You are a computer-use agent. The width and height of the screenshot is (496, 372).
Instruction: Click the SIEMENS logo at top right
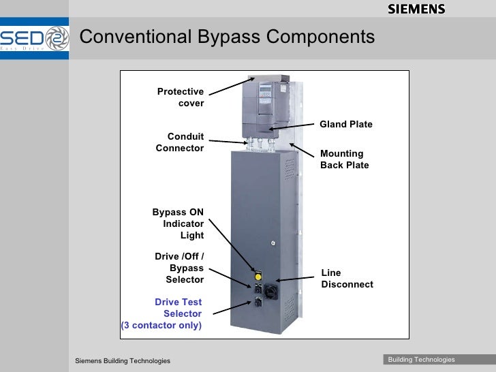click(x=416, y=9)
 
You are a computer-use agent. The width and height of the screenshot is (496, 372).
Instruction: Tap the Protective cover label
click(x=181, y=97)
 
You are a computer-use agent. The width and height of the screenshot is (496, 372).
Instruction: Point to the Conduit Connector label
click(x=180, y=142)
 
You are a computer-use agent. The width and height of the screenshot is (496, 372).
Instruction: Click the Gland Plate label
click(x=346, y=124)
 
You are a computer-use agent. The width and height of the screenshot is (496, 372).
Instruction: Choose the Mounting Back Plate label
click(x=344, y=159)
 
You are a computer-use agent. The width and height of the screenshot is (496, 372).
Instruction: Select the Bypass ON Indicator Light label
click(x=179, y=223)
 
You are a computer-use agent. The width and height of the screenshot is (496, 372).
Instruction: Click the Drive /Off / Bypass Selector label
click(x=180, y=268)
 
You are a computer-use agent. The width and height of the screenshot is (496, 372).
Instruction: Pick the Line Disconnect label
click(x=347, y=278)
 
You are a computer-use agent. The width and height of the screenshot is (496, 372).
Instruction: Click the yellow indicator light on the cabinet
click(x=258, y=277)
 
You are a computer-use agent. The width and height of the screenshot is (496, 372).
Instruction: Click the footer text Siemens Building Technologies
click(x=123, y=360)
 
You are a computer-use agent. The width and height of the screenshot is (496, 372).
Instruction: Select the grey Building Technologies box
click(x=421, y=360)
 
